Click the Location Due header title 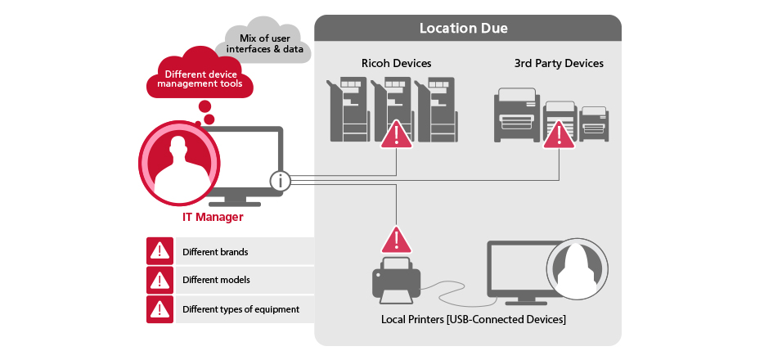tap(463, 28)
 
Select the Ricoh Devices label tap(397, 63)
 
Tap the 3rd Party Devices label tap(559, 63)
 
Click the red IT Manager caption tap(213, 217)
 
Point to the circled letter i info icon tap(281, 181)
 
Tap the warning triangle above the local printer tap(397, 241)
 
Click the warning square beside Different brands tap(160, 251)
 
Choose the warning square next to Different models tap(160, 280)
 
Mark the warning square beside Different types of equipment tap(160, 309)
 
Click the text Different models tap(216, 280)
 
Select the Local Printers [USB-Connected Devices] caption tap(474, 319)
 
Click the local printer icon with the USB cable tap(397, 280)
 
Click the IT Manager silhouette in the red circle tap(179, 169)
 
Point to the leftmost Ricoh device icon tap(348, 109)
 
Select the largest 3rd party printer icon tap(517, 115)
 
